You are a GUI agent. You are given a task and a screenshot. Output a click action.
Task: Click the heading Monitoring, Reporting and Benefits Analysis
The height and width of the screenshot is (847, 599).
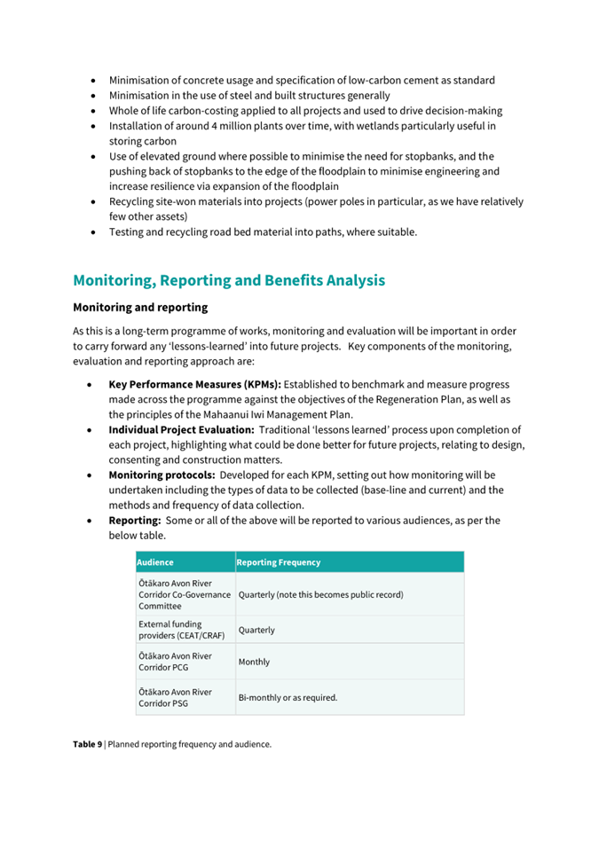pyautogui.click(x=229, y=280)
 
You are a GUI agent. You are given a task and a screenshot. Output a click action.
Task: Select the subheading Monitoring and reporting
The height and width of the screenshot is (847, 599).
pyautogui.click(x=140, y=308)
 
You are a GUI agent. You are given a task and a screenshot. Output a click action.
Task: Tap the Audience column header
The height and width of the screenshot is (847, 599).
pyautogui.click(x=156, y=562)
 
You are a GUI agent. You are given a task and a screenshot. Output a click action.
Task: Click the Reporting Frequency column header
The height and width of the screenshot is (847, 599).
pyautogui.click(x=279, y=562)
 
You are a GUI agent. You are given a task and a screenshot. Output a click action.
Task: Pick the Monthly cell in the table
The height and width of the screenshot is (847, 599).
pyautogui.click(x=254, y=662)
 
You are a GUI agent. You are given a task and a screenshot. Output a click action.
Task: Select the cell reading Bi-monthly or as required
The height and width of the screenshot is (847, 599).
pyautogui.click(x=288, y=697)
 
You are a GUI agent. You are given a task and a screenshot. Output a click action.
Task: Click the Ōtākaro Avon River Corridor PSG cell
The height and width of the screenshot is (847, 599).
pyautogui.click(x=175, y=697)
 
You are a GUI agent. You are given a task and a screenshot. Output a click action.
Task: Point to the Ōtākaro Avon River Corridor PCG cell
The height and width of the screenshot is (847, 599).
pyautogui.click(x=175, y=662)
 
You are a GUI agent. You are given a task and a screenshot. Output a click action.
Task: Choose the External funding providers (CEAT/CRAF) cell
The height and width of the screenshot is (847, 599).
pyautogui.click(x=181, y=630)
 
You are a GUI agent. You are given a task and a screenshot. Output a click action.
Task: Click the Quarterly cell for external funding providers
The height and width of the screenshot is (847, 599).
pyautogui.click(x=256, y=630)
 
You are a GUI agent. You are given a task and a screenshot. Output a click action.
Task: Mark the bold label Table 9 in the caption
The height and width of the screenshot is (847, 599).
pyautogui.click(x=87, y=744)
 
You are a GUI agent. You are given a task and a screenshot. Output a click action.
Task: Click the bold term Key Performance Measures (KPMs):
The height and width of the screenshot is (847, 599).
pyautogui.click(x=194, y=385)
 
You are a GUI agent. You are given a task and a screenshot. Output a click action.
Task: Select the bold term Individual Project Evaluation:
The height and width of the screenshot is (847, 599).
pyautogui.click(x=181, y=430)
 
